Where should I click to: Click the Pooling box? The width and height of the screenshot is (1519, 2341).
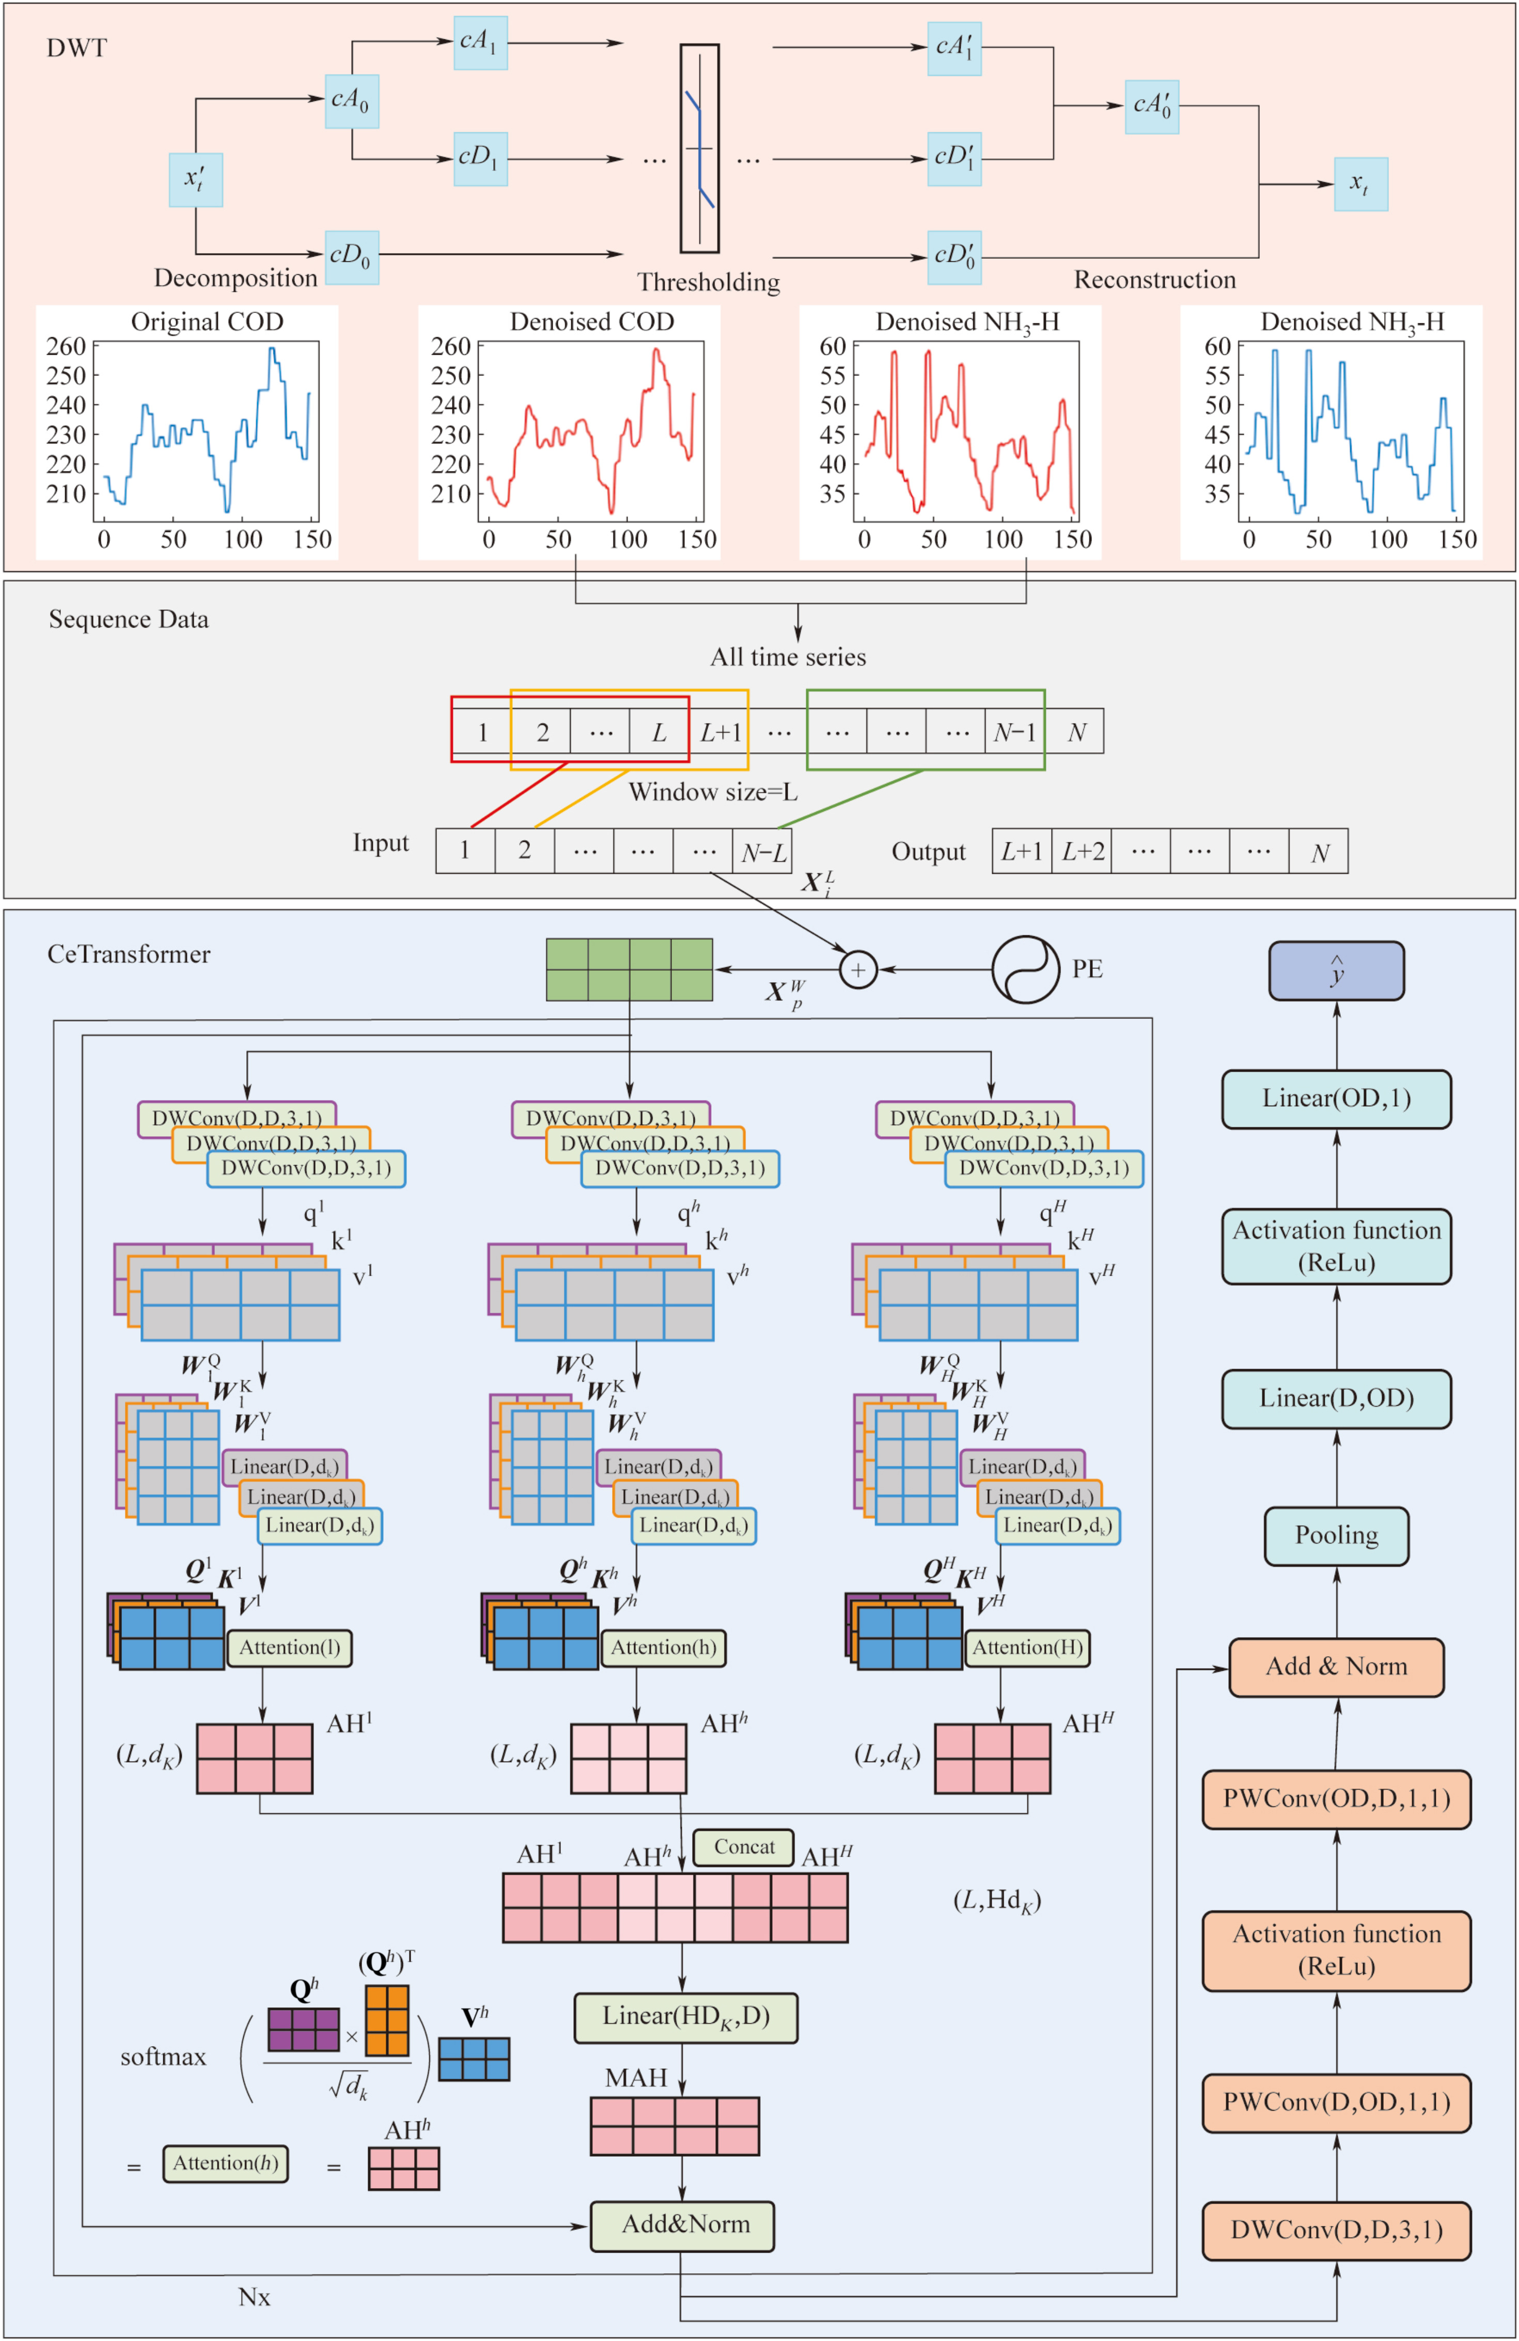1336,1535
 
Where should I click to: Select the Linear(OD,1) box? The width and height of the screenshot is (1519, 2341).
1336,1098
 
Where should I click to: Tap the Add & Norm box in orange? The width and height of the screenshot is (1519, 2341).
1336,1667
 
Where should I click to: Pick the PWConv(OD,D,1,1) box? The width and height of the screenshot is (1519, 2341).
1336,1799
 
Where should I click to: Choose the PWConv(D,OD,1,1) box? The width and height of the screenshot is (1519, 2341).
1336,2103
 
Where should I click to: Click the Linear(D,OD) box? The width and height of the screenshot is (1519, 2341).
1336,1399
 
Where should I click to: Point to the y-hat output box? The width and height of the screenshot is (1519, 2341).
1336,971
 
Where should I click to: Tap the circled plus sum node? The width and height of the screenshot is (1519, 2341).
858,970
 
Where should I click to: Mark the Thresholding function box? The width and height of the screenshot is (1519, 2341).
699,149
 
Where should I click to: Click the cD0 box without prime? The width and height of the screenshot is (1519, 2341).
351,258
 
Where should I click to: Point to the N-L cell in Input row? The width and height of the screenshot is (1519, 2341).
762,852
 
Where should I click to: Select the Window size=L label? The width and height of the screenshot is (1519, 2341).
713,792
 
